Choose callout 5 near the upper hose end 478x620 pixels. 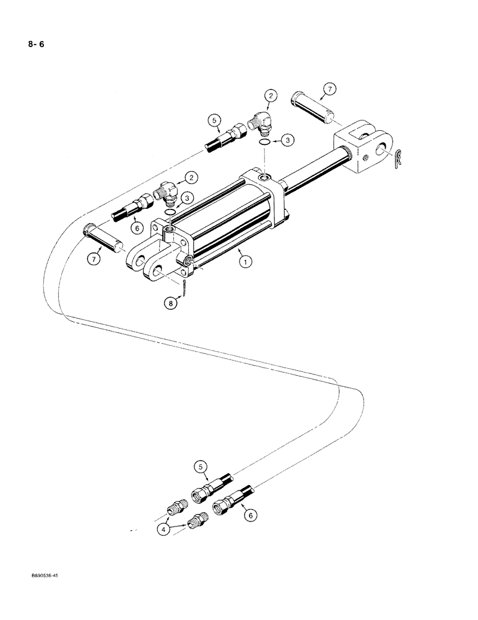pyautogui.click(x=214, y=119)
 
